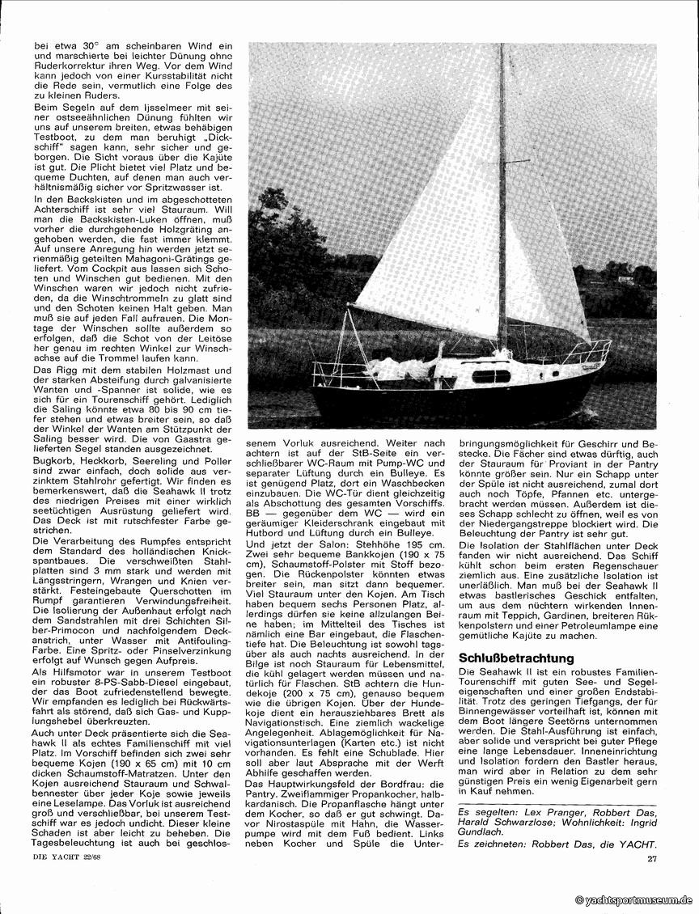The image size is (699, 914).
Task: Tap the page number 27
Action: pos(652,858)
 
